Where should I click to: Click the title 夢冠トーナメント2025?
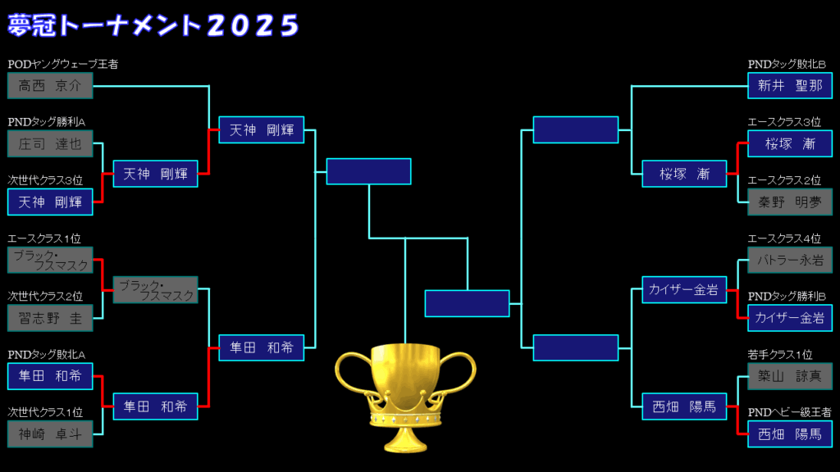tap(153, 25)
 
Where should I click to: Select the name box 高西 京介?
tap(50, 85)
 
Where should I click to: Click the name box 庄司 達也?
tap(50, 143)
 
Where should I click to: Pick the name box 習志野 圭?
tap(50, 318)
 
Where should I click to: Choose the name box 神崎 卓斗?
tap(50, 434)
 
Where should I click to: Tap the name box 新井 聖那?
tap(790, 85)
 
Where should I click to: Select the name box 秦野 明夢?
tap(790, 202)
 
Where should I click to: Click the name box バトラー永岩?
tap(790, 260)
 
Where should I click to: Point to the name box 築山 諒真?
tap(790, 376)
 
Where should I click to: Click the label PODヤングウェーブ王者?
tap(62, 64)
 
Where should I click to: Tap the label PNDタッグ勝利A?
tap(47, 122)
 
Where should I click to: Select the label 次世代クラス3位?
tap(45, 180)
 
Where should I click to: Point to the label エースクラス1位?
tap(44, 238)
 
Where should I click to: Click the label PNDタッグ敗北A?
tap(47, 354)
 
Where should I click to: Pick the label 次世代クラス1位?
tap(45, 412)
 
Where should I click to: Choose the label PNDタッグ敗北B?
tap(787, 64)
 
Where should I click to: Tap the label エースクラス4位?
tap(784, 238)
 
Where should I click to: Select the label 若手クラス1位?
tap(780, 354)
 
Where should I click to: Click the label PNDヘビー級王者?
tap(790, 412)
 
